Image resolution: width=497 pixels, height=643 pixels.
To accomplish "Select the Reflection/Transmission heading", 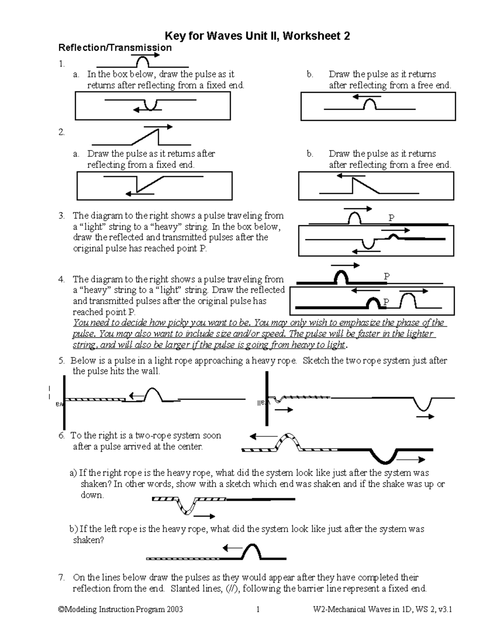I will pyautogui.click(x=115, y=48).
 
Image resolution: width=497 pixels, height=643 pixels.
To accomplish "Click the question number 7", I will pyautogui.click(x=61, y=577).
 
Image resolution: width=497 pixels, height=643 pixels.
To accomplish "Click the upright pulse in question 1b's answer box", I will pyautogui.click(x=369, y=105).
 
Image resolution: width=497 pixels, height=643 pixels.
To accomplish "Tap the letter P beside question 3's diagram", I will pyautogui.click(x=391, y=218).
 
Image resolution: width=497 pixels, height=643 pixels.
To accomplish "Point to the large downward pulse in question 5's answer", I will pyautogui.click(x=423, y=404).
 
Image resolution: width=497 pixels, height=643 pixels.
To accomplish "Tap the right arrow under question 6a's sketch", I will pyautogui.click(x=204, y=516).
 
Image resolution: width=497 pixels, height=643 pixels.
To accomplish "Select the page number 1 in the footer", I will pyautogui.click(x=258, y=609).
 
